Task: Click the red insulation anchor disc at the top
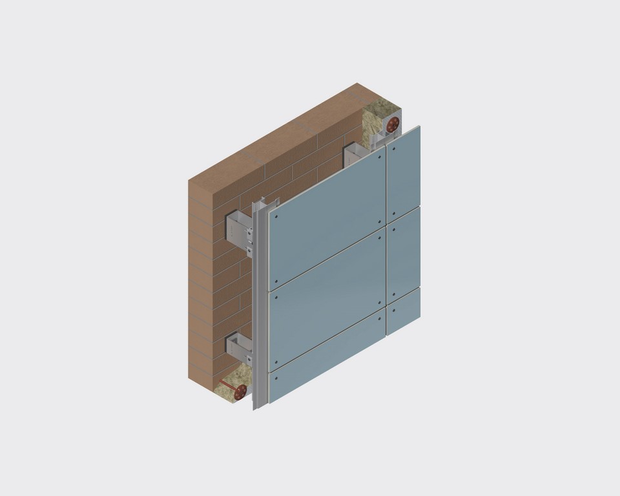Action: coord(393,123)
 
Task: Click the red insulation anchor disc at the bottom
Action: coord(241,390)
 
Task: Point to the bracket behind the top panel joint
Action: coord(356,154)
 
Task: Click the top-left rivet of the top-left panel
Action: coord(276,217)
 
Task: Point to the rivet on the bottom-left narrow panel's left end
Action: coord(276,378)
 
